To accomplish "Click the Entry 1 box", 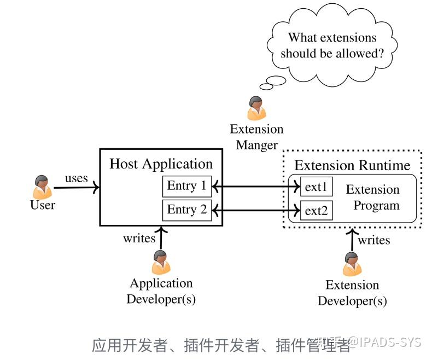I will [187, 186].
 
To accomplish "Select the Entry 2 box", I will [187, 210].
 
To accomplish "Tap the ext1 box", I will [316, 187].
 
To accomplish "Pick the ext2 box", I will [316, 210].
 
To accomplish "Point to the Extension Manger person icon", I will [256, 108].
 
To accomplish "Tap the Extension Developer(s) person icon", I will [352, 264].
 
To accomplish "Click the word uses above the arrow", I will [77, 178].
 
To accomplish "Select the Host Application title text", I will [161, 164].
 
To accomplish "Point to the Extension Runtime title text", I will [352, 165].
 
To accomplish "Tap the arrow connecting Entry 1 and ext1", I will [256, 187].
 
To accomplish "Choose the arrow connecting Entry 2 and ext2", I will [256, 210].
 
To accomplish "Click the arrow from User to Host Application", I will [77, 188].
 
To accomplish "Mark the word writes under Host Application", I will [139, 238].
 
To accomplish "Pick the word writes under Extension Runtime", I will [374, 240].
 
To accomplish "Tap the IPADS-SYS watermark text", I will [392, 342].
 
